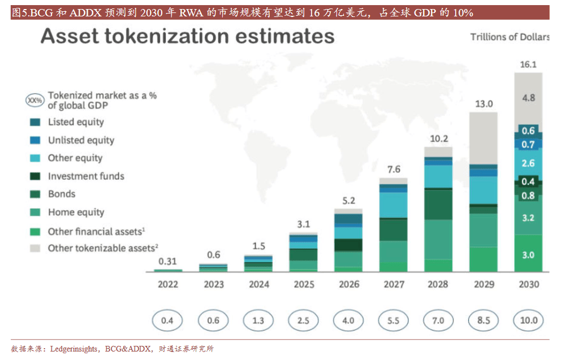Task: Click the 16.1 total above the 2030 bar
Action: (x=528, y=64)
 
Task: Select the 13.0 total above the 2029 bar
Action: (x=483, y=104)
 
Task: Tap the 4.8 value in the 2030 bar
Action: (x=528, y=98)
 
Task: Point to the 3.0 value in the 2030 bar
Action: (x=528, y=255)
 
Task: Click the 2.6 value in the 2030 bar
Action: (x=528, y=163)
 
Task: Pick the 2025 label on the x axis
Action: (x=304, y=284)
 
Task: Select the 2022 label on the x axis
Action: (x=168, y=284)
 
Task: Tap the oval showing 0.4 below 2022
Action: (x=168, y=320)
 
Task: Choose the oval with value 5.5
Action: (x=393, y=320)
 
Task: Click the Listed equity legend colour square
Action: (x=34, y=122)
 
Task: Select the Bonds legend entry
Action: (x=62, y=194)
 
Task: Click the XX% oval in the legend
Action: (x=34, y=101)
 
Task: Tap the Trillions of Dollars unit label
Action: (x=509, y=37)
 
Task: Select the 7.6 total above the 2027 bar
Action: (x=393, y=170)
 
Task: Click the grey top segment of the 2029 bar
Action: (x=483, y=138)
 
